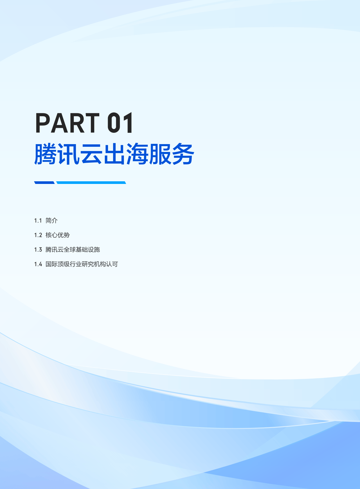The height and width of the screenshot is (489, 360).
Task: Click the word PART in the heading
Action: coord(67,123)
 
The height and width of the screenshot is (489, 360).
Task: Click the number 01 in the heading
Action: coord(120,123)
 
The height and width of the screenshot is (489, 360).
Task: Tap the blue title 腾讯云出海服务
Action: coord(114,154)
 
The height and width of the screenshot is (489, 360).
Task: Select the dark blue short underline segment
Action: coord(44,183)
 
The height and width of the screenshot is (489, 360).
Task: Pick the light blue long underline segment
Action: coord(91,183)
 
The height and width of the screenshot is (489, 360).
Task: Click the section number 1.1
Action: coord(38,221)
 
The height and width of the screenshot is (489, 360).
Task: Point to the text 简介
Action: coord(52,221)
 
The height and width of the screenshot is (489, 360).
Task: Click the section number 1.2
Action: coord(38,235)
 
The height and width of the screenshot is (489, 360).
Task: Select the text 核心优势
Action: coord(58,235)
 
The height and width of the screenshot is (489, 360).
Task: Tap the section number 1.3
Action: coord(38,250)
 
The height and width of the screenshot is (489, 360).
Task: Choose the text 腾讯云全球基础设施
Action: coord(73,250)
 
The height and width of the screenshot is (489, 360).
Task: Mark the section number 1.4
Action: coord(38,264)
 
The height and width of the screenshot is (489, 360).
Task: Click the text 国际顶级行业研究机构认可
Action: coord(82,264)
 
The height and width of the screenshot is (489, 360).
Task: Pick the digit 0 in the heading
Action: coord(114,123)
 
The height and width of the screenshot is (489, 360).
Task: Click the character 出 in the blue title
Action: coord(114,154)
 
